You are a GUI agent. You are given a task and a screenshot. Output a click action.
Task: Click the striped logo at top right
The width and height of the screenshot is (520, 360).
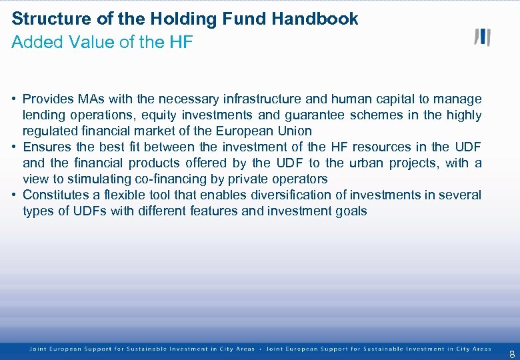point(482,37)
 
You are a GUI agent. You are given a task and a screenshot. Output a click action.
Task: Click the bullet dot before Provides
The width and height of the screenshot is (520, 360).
point(14,99)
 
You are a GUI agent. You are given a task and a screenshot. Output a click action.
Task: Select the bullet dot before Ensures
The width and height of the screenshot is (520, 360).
point(14,147)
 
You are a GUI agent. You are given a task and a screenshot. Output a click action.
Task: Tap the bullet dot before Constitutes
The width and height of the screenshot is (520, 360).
point(14,195)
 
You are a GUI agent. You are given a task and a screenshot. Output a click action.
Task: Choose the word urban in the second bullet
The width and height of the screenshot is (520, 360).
point(363,163)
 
